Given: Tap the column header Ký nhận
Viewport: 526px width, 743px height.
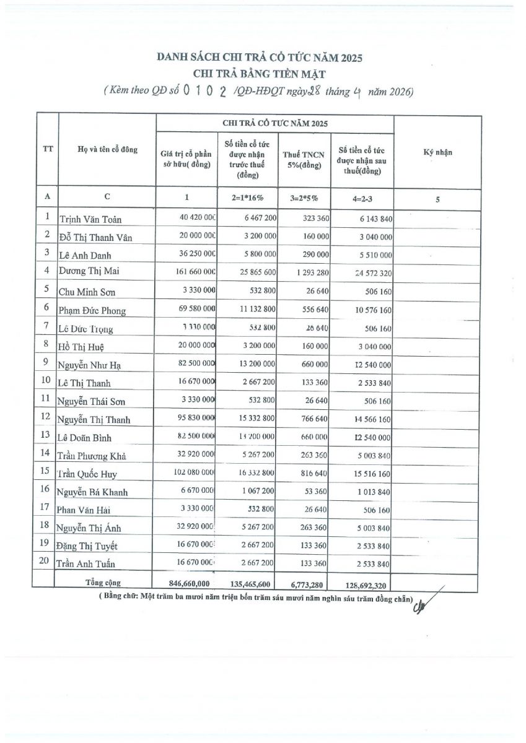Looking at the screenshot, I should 437,152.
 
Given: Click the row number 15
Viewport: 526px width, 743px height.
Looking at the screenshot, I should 46,471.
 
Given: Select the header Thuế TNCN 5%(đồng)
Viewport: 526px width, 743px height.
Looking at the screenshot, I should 303,160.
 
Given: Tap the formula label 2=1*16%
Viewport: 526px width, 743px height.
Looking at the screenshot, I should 243,198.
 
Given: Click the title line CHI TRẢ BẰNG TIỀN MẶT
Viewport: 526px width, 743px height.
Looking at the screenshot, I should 259,74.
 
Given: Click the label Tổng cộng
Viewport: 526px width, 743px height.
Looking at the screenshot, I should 103,583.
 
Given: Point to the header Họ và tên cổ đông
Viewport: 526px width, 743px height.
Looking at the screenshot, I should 107,150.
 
